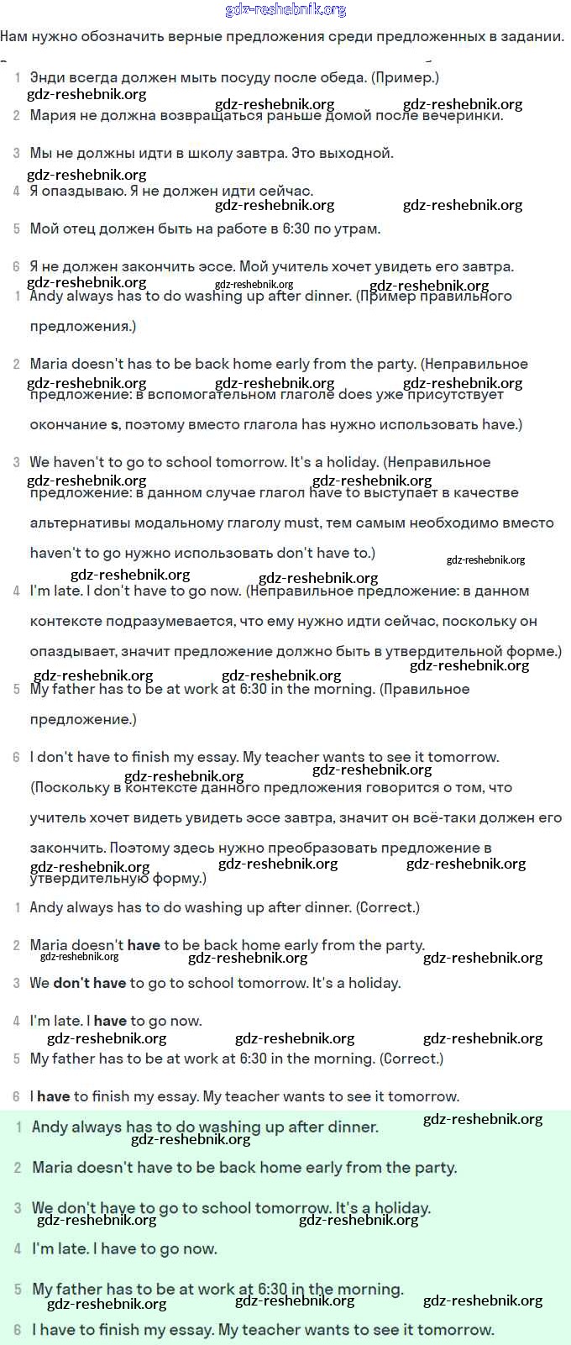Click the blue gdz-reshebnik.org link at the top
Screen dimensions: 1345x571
285,10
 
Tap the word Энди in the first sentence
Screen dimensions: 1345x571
48,77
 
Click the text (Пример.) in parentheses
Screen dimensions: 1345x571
406,77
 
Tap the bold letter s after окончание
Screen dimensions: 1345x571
115,425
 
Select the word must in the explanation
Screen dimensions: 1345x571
301,523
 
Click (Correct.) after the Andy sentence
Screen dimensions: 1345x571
388,907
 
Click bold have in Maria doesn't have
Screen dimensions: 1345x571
144,945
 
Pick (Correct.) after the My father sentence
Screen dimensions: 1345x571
411,1059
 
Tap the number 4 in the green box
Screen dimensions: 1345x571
18,1249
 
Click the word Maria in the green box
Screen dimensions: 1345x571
54,1168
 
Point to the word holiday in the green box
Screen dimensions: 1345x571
401,1208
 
